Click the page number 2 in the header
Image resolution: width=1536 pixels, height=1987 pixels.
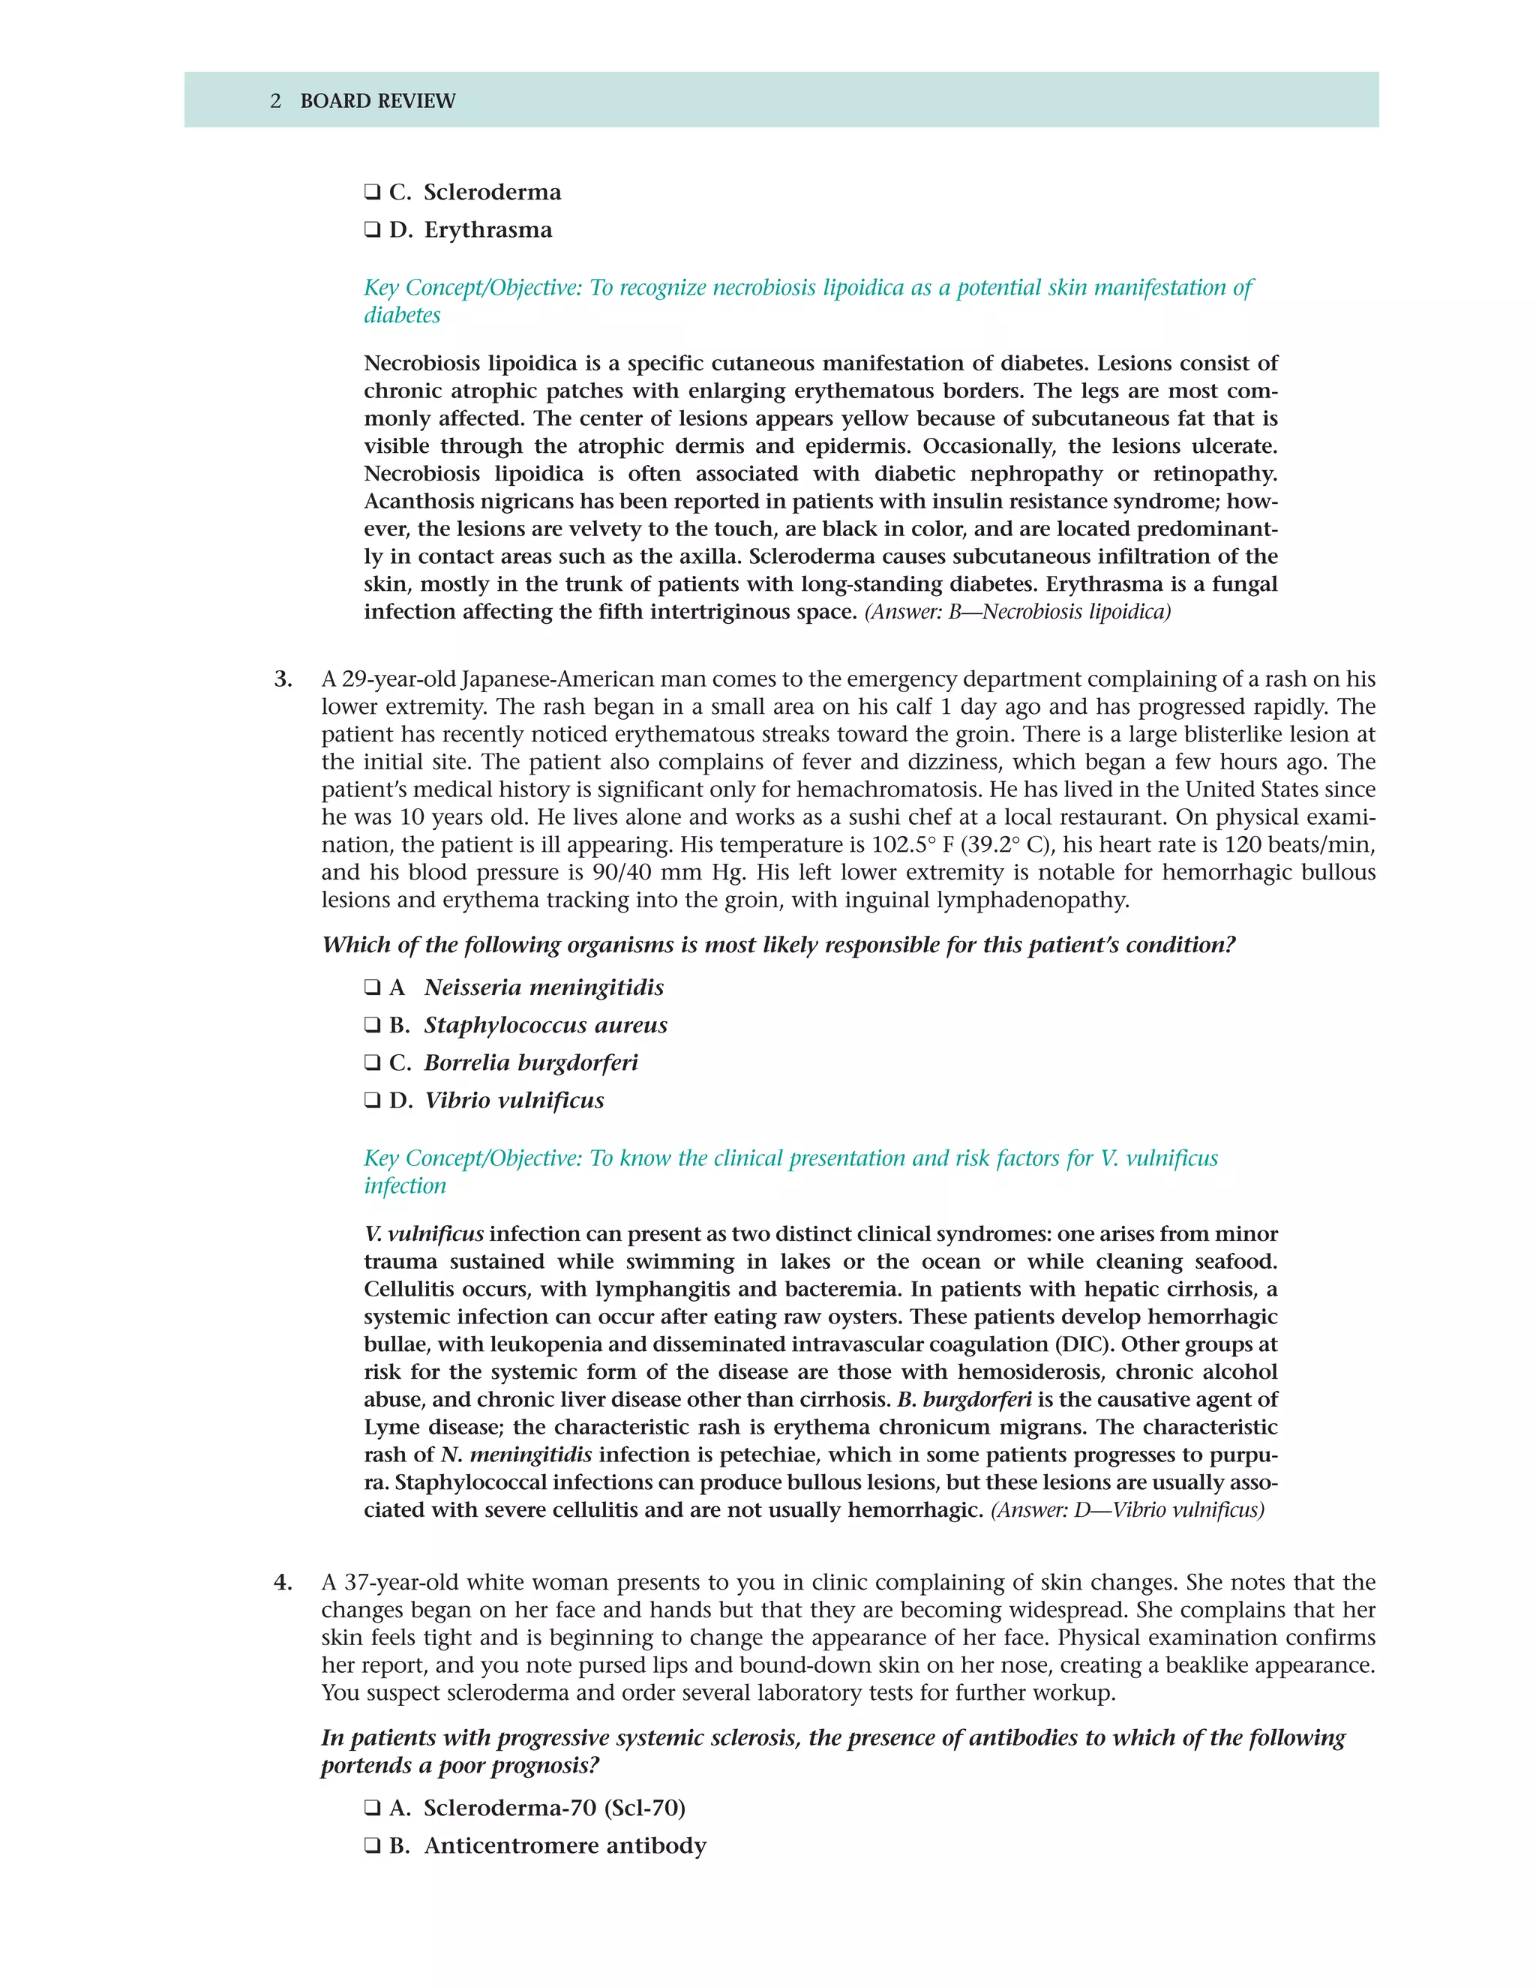pyautogui.click(x=276, y=101)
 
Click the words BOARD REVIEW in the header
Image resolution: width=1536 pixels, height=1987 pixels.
pyautogui.click(x=378, y=101)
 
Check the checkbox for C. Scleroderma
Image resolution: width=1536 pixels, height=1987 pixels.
pyautogui.click(x=372, y=193)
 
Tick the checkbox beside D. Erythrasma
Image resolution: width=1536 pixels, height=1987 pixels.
pyautogui.click(x=372, y=230)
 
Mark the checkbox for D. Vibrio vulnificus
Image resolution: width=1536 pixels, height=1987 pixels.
pyautogui.click(x=372, y=1101)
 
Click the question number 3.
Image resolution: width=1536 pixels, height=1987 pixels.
pyautogui.click(x=283, y=679)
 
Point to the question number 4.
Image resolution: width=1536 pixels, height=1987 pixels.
pyautogui.click(x=283, y=1582)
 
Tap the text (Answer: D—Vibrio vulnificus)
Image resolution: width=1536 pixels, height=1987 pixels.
pyautogui.click(x=1127, y=1510)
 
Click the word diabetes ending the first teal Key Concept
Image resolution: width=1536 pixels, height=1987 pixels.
pyautogui.click(x=402, y=316)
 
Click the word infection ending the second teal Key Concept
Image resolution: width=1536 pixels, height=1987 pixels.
pyautogui.click(x=405, y=1186)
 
